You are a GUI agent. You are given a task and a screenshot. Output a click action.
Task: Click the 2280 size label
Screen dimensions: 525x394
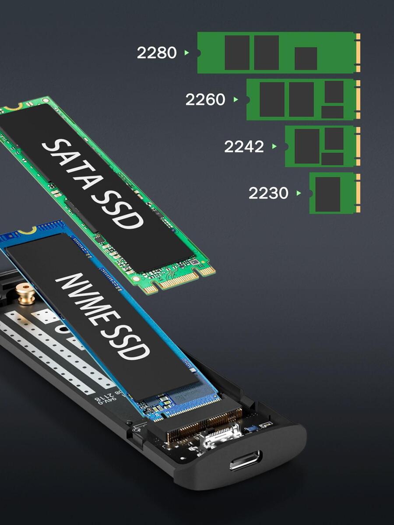157,53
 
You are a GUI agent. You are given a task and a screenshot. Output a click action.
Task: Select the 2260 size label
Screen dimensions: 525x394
205,100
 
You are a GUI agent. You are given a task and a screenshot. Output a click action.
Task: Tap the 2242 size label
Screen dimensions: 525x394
244,147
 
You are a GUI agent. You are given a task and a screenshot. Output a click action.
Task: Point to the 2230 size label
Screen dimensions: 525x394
268,193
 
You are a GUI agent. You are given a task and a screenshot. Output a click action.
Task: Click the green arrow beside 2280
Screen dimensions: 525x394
187,53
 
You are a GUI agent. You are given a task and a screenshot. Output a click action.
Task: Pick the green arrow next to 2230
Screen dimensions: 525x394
299,193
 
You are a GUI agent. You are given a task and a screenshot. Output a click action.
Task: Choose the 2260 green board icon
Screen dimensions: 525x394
303,99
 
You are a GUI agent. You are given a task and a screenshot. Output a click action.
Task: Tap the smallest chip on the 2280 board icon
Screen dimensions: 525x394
306,58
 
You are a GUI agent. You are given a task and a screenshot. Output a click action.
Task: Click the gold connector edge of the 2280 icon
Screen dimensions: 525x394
358,53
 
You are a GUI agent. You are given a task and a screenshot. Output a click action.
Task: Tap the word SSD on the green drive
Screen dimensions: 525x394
118,208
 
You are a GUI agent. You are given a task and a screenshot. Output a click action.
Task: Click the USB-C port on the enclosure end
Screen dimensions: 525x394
245,460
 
